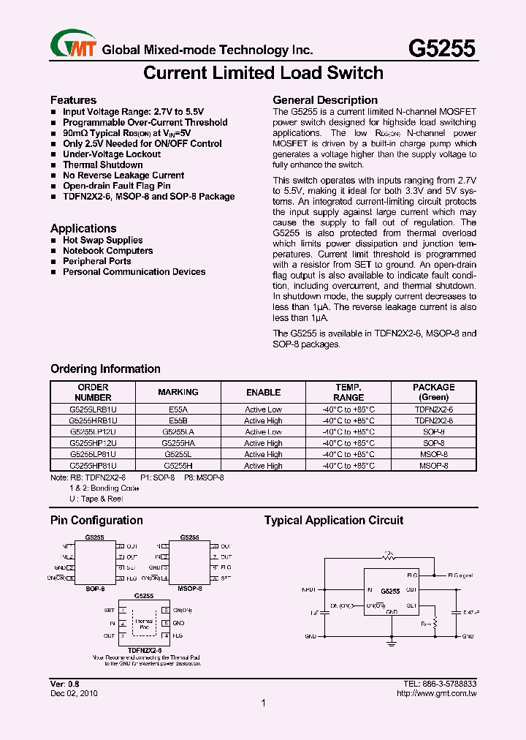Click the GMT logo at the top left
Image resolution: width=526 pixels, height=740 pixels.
coord(74,46)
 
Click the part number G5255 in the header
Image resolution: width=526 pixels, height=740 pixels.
coord(441,48)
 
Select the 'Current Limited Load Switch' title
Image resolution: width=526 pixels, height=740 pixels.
coord(263,73)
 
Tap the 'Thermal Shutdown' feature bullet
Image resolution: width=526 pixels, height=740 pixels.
coord(103,165)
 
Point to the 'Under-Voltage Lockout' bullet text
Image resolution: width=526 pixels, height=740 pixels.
coord(112,154)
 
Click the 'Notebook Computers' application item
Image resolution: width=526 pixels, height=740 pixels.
coord(107,251)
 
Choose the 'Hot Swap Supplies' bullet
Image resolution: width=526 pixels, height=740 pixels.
coord(102,240)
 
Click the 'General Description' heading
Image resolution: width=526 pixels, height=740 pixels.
coord(325,100)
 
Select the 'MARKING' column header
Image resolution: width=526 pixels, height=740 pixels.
coord(178,392)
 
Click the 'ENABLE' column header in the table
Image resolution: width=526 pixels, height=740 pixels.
coord(263,392)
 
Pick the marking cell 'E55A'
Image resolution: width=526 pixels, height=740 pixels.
coord(178,410)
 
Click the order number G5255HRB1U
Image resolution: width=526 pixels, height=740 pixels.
coord(93,421)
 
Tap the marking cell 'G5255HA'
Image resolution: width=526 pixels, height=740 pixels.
coord(178,443)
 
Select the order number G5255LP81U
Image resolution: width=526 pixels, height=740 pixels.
coord(93,454)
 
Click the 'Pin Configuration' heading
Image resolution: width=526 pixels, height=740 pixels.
coord(96,521)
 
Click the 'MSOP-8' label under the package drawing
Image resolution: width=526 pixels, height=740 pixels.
coord(188,587)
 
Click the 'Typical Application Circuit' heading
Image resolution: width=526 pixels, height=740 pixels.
coord(333,521)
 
